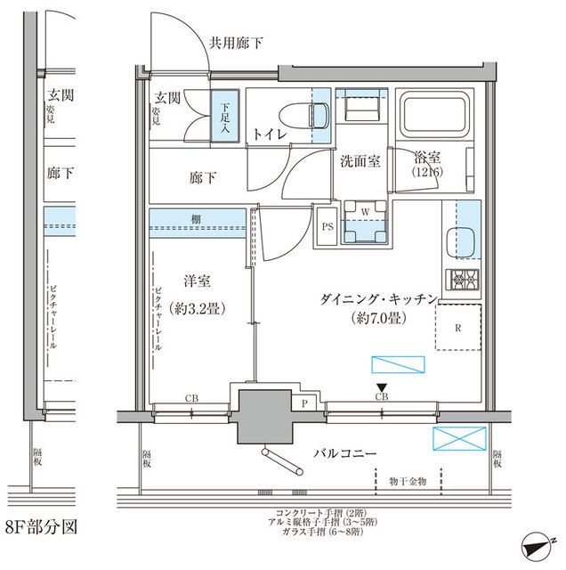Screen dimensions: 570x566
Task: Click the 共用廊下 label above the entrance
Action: [236, 42]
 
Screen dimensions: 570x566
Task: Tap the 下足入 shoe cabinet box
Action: [225, 116]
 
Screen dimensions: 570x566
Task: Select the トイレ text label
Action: [268, 134]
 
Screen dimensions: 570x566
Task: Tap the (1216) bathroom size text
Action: [427, 171]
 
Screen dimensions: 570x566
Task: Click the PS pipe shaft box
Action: [327, 226]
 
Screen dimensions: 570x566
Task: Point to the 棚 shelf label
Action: [195, 219]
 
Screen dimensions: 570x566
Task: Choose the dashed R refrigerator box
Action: [457, 327]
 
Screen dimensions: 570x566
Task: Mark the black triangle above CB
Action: [382, 386]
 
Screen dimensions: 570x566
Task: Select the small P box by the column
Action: [305, 403]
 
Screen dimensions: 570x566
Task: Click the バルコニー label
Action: [344, 454]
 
